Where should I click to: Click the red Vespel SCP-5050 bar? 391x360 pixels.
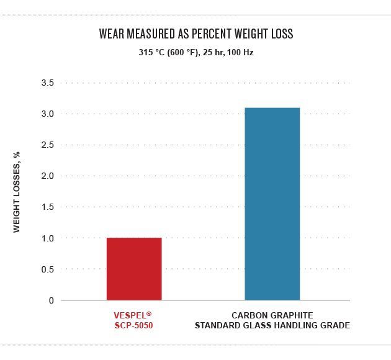tap(134, 269)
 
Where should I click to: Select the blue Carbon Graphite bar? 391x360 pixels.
tap(272, 204)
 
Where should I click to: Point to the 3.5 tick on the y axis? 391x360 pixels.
tap(48, 83)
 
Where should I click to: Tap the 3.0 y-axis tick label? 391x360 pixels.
tap(48, 114)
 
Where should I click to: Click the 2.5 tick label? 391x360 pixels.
tap(48, 145)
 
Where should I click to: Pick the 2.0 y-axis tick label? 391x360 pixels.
tap(48, 176)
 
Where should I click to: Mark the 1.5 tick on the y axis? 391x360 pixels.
tap(48, 207)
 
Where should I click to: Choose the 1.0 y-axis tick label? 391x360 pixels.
tap(48, 238)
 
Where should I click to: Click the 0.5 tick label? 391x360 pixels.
tap(48, 269)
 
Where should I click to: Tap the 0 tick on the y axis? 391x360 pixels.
tap(52, 300)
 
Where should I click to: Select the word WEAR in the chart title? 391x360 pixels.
tap(113, 34)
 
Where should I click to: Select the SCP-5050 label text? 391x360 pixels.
tap(133, 325)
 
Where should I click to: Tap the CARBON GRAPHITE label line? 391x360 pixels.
tap(272, 315)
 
